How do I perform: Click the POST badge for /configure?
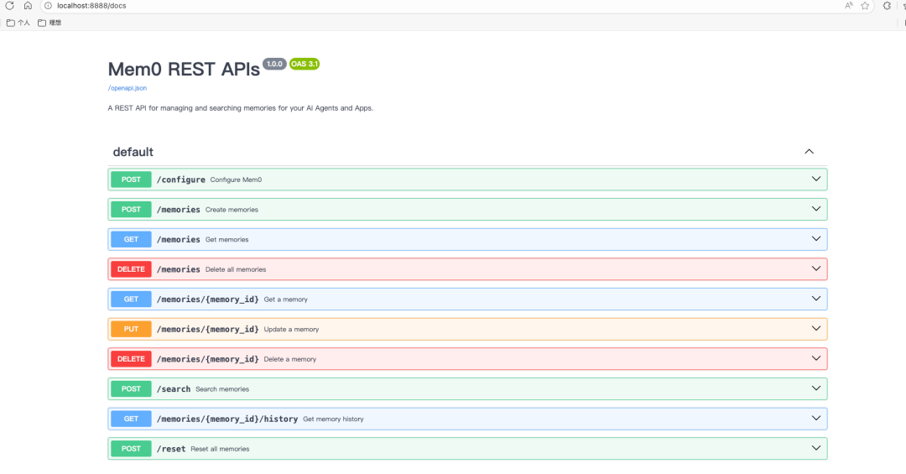(x=131, y=180)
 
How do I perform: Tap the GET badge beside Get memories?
(x=131, y=239)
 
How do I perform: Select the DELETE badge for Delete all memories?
(x=131, y=269)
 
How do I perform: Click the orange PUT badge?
(x=131, y=329)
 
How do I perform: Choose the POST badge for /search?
(x=131, y=389)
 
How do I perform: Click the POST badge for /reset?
(x=131, y=449)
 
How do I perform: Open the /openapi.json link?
(x=128, y=88)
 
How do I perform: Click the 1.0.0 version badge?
(x=274, y=64)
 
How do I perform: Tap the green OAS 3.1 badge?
(x=305, y=64)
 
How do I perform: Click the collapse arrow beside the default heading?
(x=809, y=152)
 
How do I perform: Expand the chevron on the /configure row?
(x=816, y=180)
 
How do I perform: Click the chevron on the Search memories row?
(x=816, y=388)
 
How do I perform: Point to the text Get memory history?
(x=333, y=419)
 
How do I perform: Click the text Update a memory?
(x=291, y=330)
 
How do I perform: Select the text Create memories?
(x=232, y=210)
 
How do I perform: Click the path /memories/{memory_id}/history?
(x=227, y=419)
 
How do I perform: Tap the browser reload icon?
(x=10, y=6)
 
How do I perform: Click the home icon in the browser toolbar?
(x=28, y=6)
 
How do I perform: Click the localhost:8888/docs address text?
(x=91, y=6)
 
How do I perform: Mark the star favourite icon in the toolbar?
(x=865, y=6)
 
